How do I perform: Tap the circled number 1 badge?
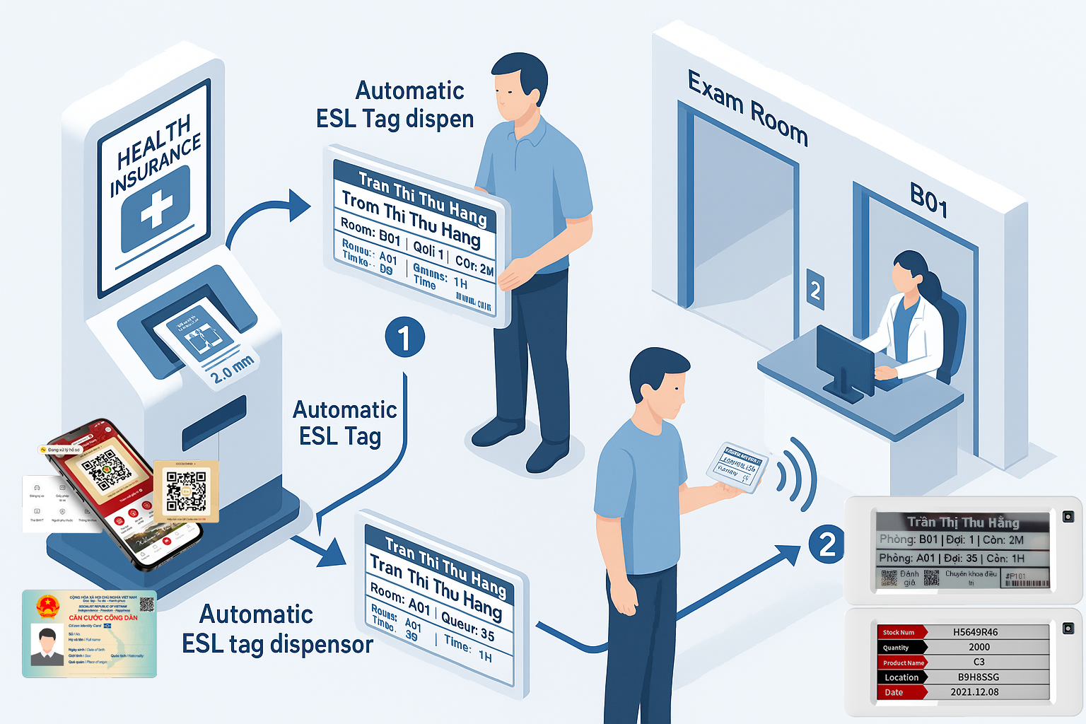coord(404,337)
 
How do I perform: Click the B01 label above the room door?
coord(928,199)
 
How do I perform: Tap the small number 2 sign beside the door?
coord(815,289)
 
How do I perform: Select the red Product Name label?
coord(903,662)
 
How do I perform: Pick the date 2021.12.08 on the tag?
coord(974,692)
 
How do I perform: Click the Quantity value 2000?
coord(979,647)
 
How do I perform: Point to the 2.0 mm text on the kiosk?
coord(232,368)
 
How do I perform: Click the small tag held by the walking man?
coord(736,467)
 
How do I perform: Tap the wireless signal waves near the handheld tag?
coord(796,474)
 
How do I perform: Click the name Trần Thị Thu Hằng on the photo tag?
coord(963,522)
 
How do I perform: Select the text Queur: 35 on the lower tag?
coord(467,625)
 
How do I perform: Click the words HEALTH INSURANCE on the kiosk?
coord(156,155)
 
